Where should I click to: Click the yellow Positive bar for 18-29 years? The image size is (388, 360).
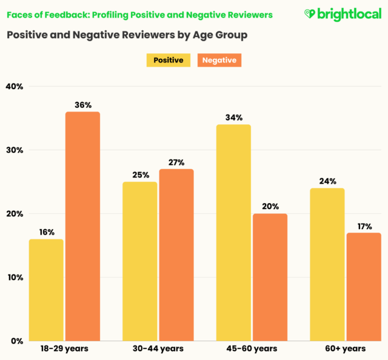(46, 290)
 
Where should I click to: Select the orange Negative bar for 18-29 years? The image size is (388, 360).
(82, 226)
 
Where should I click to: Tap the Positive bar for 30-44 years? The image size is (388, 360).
(139, 261)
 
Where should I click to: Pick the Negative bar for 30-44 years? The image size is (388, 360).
(176, 255)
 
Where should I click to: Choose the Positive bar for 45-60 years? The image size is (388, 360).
(233, 232)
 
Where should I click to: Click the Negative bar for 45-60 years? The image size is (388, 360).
(270, 277)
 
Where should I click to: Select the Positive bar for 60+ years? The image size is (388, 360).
(327, 264)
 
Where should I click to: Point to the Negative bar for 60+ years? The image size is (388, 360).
(364, 287)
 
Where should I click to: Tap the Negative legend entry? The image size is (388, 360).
(219, 60)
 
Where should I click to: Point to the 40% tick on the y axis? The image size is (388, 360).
(14, 87)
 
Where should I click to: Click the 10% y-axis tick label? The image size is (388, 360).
(14, 278)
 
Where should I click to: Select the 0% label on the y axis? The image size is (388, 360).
(16, 341)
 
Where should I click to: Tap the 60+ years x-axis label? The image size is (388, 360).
(345, 349)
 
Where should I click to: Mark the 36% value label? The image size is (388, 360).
(83, 105)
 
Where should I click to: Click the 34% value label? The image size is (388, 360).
(233, 118)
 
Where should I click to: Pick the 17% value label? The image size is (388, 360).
(364, 226)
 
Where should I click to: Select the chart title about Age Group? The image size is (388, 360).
(127, 35)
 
